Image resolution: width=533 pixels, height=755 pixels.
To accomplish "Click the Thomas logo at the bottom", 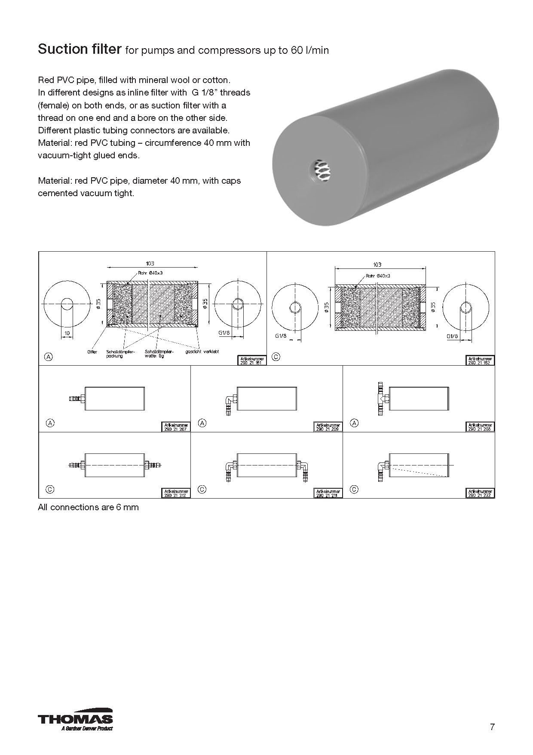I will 75,720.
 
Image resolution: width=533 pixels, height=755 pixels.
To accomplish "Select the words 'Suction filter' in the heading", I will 80,49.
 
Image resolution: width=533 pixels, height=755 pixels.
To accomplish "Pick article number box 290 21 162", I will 480,361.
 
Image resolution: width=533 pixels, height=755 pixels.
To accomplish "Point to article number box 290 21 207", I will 176,427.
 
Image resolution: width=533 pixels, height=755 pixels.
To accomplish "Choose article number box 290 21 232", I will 480,493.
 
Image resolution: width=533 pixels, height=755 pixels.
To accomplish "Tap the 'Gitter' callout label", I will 92,351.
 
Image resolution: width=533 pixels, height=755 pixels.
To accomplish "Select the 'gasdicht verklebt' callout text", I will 202,351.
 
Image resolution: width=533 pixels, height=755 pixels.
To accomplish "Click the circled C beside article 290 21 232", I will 354,489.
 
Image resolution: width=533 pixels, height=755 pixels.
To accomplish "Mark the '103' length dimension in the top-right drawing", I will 377,265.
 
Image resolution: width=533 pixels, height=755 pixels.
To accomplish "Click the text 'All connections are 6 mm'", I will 88,507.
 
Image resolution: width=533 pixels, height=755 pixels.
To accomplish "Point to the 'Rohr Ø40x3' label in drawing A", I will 150,272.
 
